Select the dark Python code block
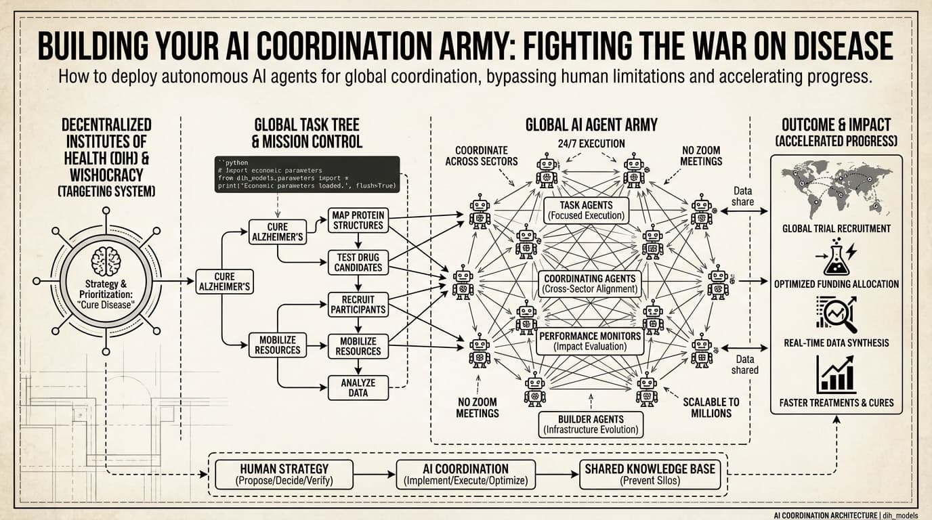point(307,175)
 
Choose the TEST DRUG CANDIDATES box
point(358,262)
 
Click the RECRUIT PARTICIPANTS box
point(358,304)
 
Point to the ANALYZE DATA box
point(358,387)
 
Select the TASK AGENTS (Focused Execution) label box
point(587,211)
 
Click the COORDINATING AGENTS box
point(589,284)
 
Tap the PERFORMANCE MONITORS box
point(589,341)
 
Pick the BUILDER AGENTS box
point(591,425)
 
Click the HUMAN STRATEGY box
point(284,475)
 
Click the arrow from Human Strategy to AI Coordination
point(375,475)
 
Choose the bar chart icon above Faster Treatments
point(836,374)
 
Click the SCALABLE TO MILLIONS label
point(711,408)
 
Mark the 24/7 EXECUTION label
point(591,144)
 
